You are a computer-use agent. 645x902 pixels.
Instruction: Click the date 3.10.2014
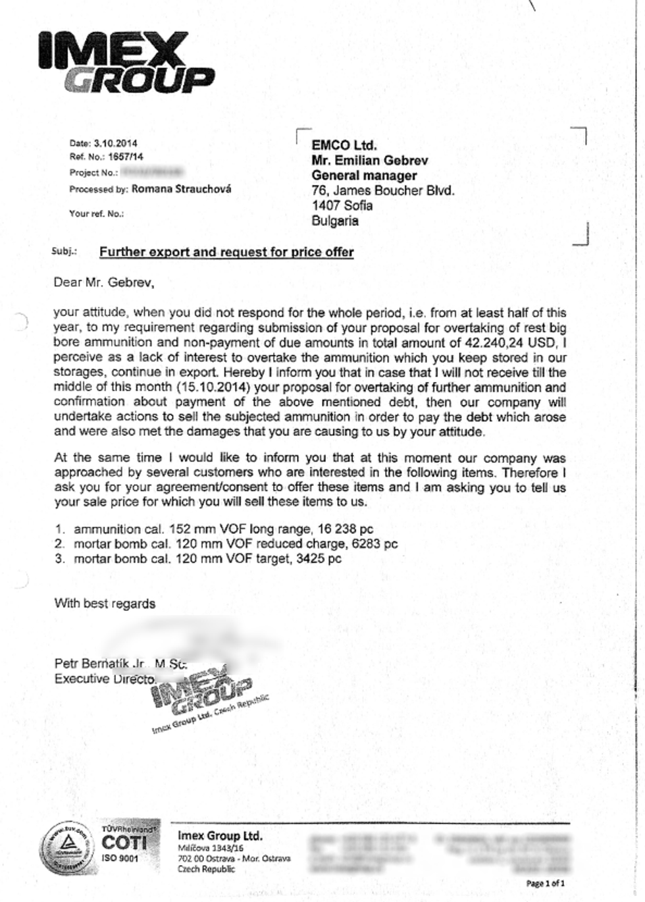115,143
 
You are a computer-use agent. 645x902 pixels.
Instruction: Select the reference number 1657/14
125,157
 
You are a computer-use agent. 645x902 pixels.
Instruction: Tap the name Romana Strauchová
181,189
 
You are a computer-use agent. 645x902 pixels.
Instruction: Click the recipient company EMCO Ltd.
344,146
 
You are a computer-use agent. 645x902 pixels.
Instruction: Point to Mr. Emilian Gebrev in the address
369,161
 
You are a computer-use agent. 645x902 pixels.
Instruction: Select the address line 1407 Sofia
342,205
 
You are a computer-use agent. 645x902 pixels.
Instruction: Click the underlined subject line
226,252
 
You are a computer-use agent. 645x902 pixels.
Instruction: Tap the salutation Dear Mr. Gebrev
103,283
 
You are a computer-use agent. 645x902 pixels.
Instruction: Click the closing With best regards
105,603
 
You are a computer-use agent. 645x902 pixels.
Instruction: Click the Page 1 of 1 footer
545,883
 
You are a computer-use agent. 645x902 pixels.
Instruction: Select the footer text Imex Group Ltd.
219,836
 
